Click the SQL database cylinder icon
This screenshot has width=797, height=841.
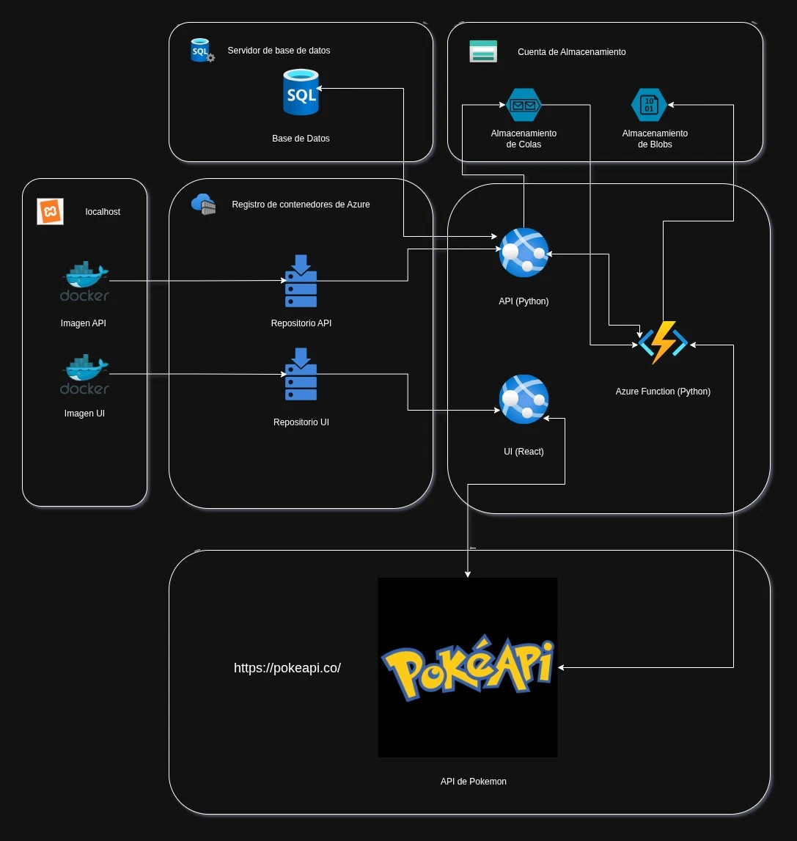(301, 92)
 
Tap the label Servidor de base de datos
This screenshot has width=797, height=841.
(279, 51)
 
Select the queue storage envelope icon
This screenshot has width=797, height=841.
(523, 105)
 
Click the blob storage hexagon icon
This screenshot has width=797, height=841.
(649, 105)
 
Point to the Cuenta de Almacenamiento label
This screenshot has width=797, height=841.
(571, 52)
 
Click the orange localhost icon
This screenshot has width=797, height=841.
(50, 211)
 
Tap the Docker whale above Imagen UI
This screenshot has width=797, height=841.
(84, 375)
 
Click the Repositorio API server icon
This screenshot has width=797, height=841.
(301, 281)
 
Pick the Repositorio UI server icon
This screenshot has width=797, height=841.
(301, 375)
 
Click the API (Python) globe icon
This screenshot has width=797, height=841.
(524, 252)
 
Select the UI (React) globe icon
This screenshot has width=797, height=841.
(524, 399)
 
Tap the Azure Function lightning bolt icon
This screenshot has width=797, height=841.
(663, 342)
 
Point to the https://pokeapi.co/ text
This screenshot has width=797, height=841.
(287, 668)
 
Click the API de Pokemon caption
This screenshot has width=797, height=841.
(473, 782)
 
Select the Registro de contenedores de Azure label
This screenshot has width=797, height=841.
(301, 205)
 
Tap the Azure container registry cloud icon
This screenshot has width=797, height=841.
(203, 205)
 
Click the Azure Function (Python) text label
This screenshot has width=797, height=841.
(663, 392)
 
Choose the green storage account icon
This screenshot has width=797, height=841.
(483, 51)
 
